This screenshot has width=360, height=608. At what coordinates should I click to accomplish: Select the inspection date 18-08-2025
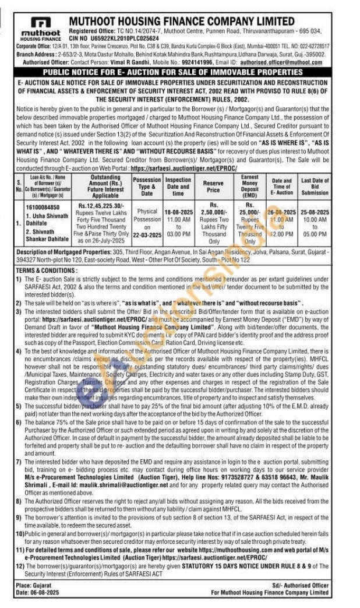178,206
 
